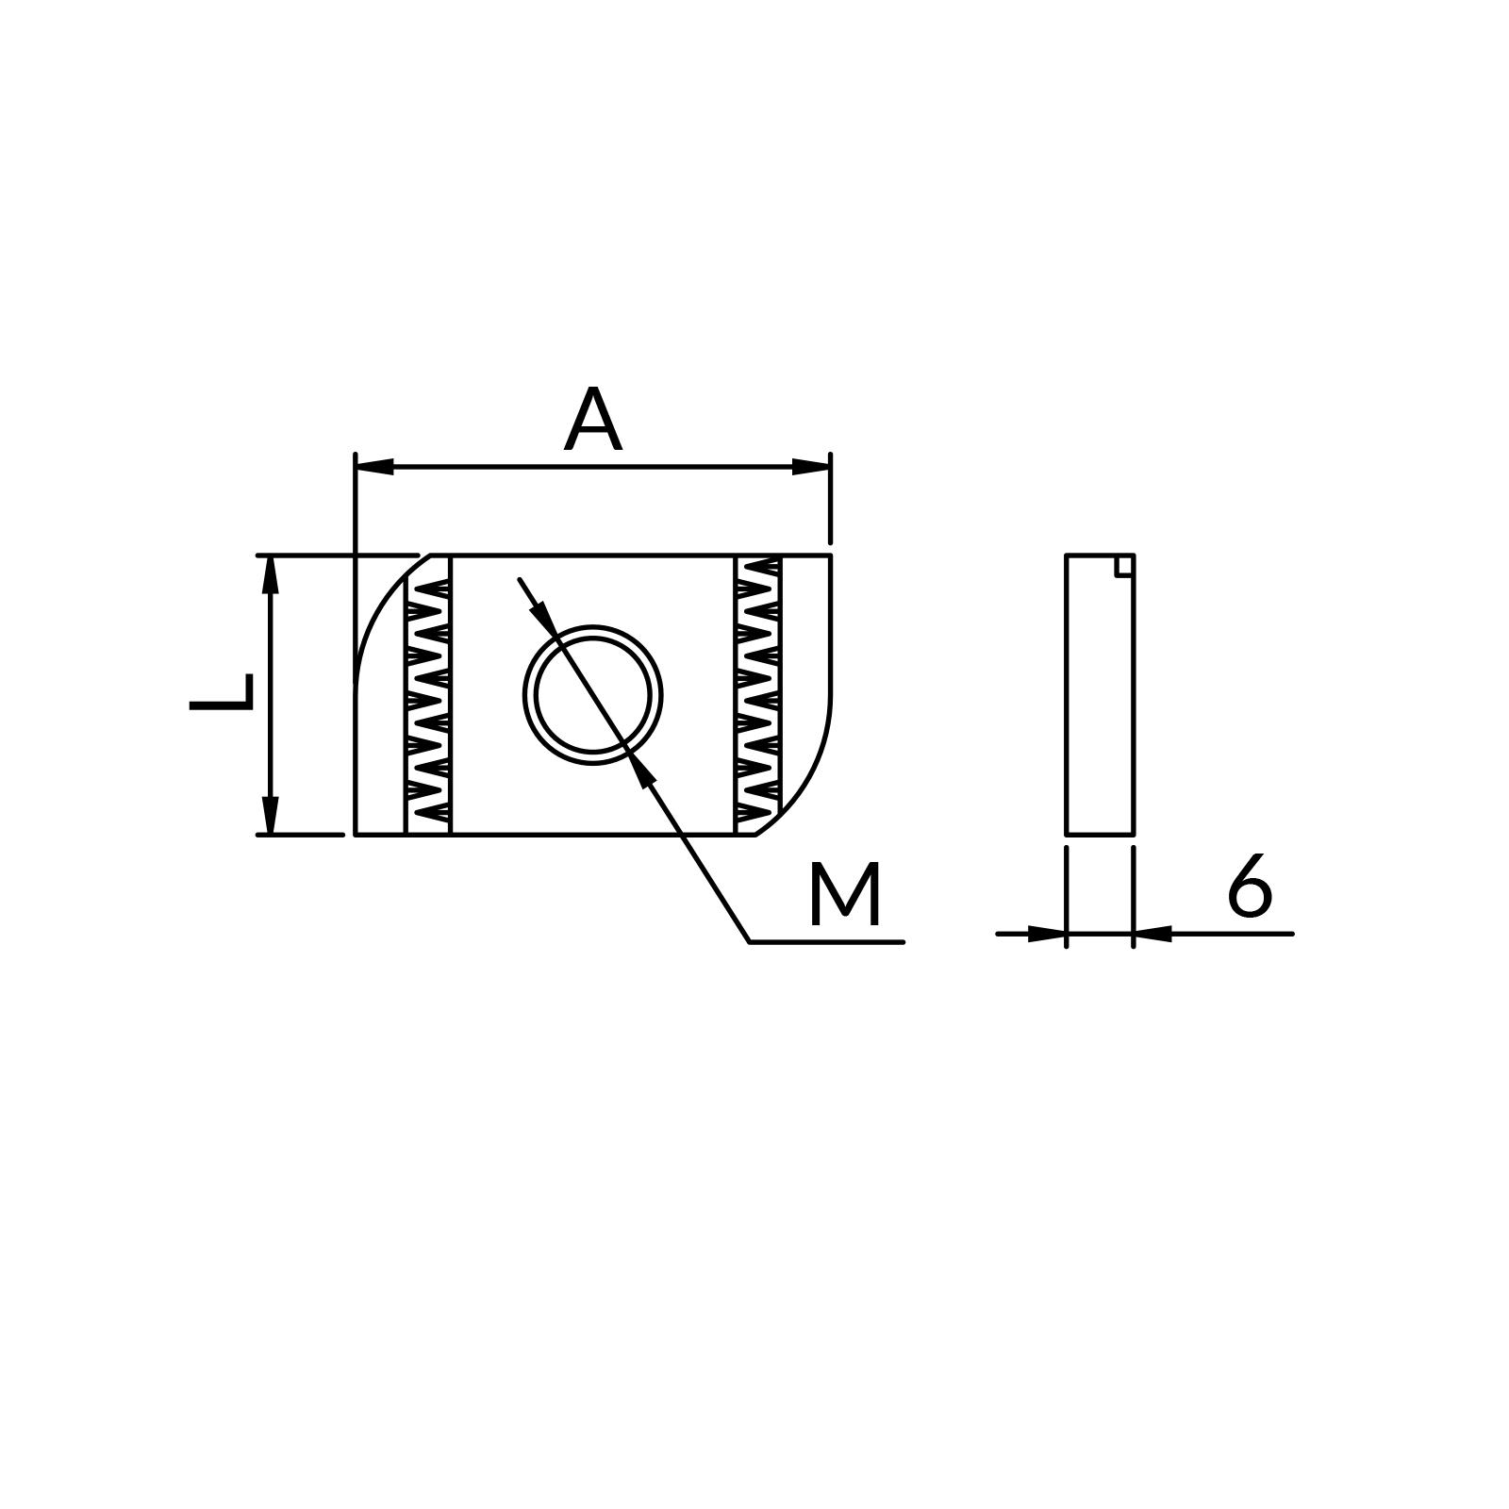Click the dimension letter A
point(592,420)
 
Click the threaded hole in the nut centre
point(592,695)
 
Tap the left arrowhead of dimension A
point(374,466)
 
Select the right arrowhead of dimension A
point(811,466)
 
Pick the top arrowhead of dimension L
point(271,574)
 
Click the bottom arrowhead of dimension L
point(271,816)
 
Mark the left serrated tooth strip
point(428,695)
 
